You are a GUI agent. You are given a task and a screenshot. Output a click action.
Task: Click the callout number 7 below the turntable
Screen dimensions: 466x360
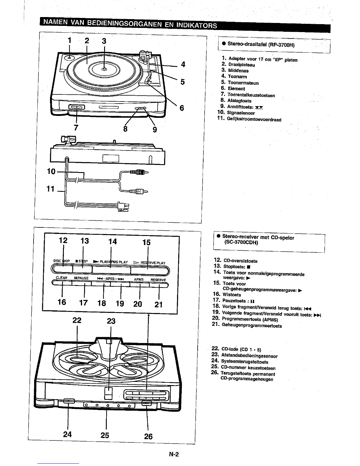[76, 127]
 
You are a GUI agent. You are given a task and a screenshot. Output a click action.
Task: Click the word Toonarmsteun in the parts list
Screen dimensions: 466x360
[243, 83]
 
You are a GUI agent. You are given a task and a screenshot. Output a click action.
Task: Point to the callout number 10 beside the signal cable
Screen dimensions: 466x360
[51, 171]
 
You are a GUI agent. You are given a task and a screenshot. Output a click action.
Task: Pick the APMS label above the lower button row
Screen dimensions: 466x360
[139, 279]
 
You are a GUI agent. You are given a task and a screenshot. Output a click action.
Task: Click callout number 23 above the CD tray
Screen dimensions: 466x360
[111, 321]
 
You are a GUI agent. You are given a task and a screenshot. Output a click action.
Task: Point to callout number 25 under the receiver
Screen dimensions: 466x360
[105, 435]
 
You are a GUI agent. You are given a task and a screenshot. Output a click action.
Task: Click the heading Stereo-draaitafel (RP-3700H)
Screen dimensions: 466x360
[261, 45]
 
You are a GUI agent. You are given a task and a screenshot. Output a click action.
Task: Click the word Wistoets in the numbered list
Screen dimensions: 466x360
[232, 295]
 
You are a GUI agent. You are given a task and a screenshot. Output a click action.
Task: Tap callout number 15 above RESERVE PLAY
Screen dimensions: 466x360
[146, 242]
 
